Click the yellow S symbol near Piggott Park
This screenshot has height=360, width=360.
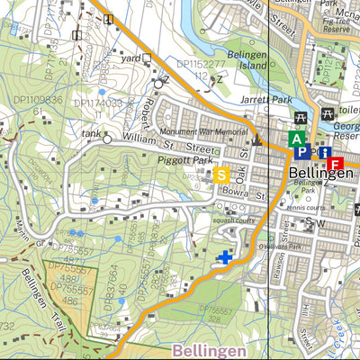pos(221,175)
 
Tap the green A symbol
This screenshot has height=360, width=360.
pos(296,139)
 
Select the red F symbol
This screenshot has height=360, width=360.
pos(335,164)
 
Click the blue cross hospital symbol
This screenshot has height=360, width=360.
pos(224,258)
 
